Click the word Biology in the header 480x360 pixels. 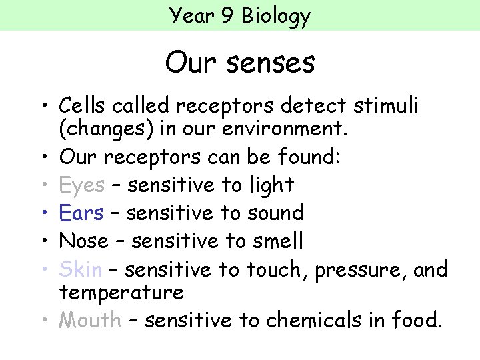click(x=276, y=15)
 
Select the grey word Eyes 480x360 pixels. click(x=81, y=185)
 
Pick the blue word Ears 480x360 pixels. click(x=81, y=213)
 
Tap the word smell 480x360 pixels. click(x=277, y=240)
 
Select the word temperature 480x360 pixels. click(x=121, y=293)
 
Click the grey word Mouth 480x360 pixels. click(x=90, y=321)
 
